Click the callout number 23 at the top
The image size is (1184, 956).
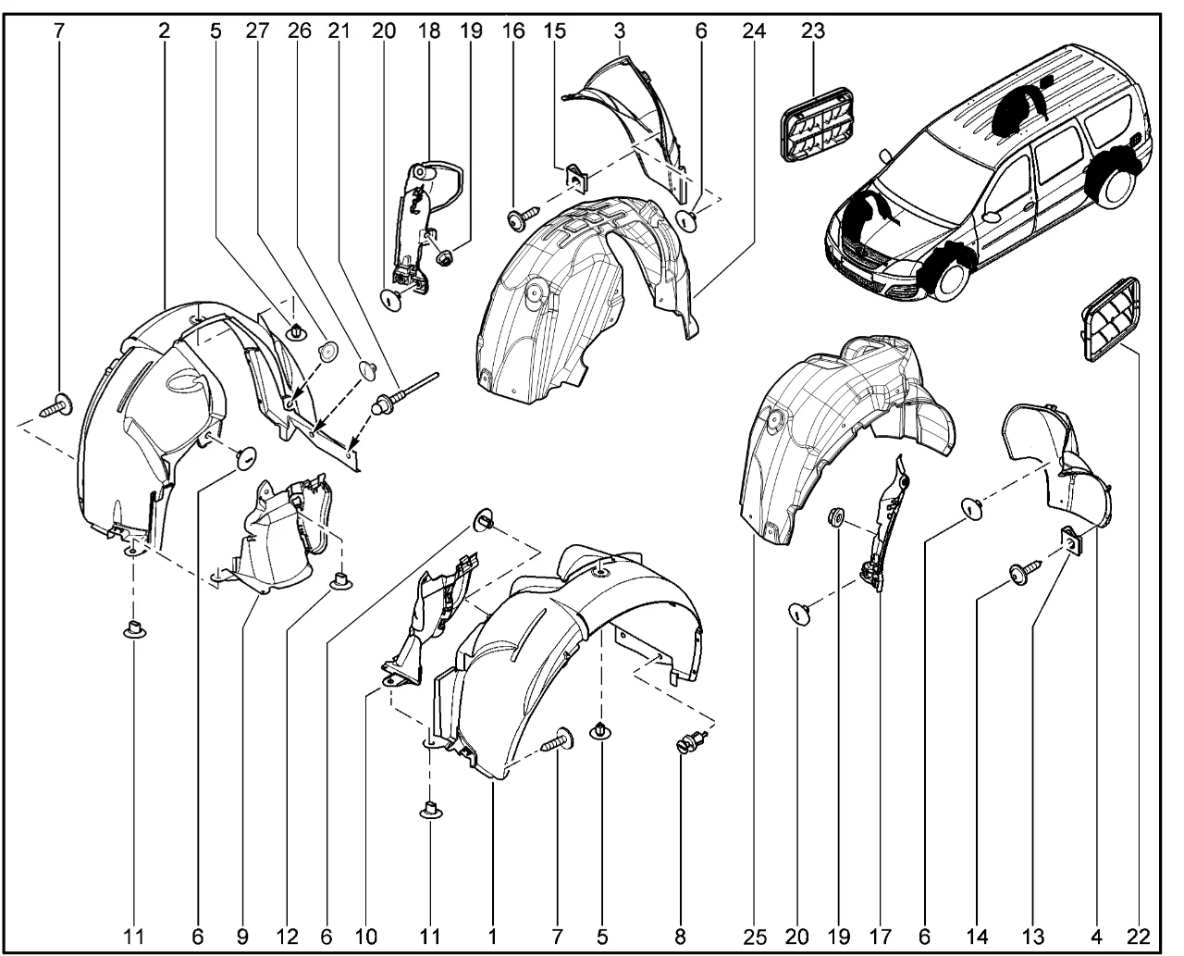coord(813,31)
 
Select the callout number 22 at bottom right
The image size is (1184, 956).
coord(1139,937)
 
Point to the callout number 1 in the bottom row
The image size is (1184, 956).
coord(493,937)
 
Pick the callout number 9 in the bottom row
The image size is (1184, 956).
coord(242,937)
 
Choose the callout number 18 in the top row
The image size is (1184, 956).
coord(428,31)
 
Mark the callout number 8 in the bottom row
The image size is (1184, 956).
coord(680,937)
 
